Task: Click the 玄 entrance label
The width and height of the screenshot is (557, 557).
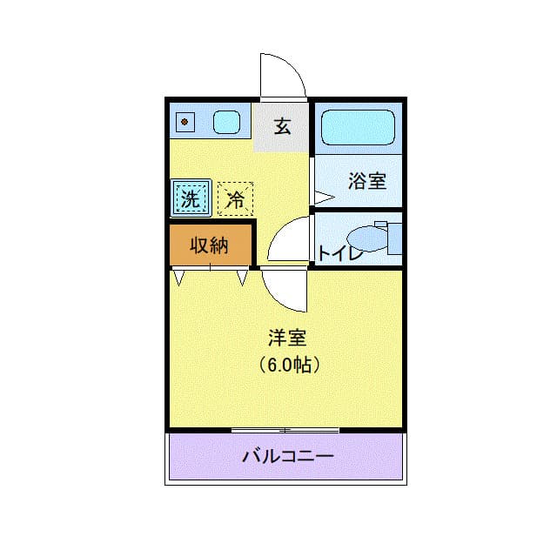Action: pyautogui.click(x=282, y=127)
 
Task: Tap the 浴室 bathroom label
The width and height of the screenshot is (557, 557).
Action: pyautogui.click(x=366, y=181)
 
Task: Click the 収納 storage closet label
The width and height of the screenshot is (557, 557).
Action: pyautogui.click(x=209, y=245)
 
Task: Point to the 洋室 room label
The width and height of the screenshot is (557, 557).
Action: pyautogui.click(x=286, y=337)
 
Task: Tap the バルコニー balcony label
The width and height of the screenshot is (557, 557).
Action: pyautogui.click(x=287, y=455)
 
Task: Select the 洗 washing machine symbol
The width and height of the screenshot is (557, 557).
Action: pyautogui.click(x=191, y=198)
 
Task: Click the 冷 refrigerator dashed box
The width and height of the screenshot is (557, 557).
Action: pyautogui.click(x=235, y=198)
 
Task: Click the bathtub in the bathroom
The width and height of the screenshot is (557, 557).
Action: pyautogui.click(x=358, y=128)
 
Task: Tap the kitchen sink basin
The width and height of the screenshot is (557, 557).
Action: pyautogui.click(x=226, y=122)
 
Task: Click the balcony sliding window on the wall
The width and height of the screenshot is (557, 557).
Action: pyautogui.click(x=285, y=430)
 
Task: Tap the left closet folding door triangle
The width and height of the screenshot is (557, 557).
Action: pyautogui.click(x=179, y=278)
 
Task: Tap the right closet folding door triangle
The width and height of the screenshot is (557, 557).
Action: pyautogui.click(x=242, y=278)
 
